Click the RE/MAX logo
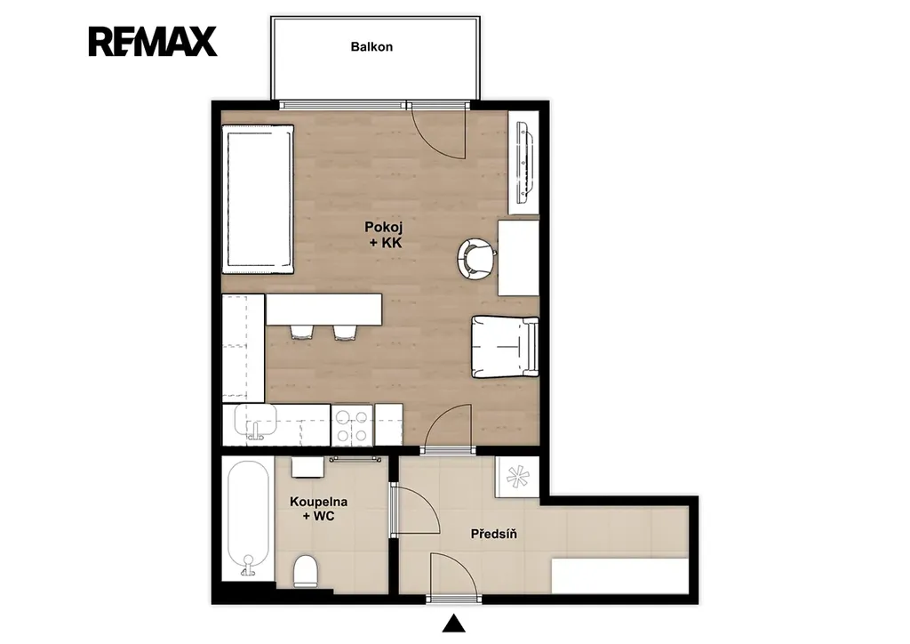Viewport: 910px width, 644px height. point(153,41)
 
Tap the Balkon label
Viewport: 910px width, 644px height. point(371,46)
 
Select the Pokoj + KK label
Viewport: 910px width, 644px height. point(384,235)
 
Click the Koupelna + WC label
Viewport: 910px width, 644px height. point(319,509)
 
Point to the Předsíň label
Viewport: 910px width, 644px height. point(494,533)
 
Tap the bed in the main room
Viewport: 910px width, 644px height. point(258,198)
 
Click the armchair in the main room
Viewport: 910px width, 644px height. point(505,347)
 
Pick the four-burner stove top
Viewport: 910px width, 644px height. point(352,426)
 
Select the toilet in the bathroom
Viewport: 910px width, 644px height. point(306,570)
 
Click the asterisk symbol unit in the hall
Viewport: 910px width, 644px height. point(518,477)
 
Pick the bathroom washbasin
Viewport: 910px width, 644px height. point(307,467)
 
